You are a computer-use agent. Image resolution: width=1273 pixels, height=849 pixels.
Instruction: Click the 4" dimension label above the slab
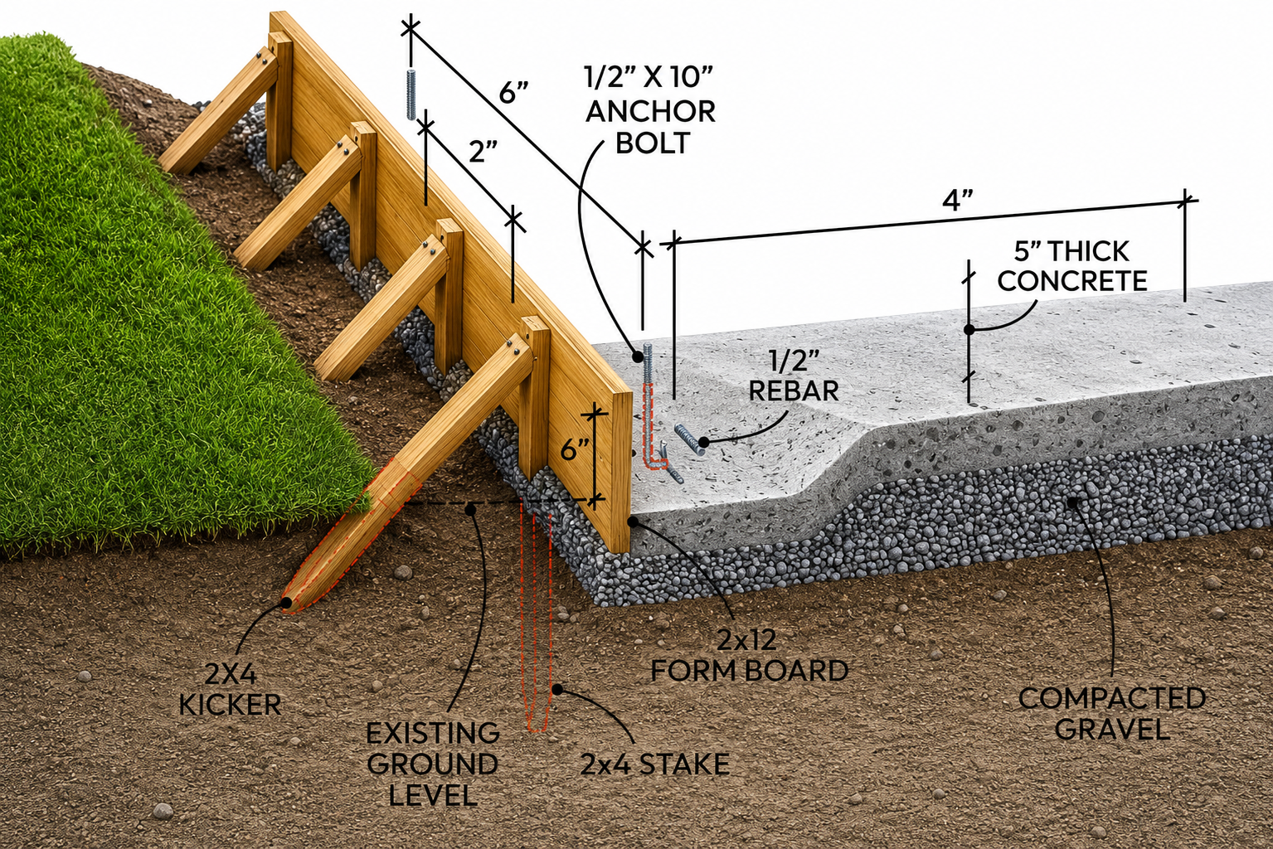[958, 200]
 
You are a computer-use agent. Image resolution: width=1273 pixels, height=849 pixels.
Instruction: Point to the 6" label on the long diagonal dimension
[513, 92]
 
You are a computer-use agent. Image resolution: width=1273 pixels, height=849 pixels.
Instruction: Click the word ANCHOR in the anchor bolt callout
[651, 112]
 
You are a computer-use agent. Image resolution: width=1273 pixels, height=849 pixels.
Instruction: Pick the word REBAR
[794, 391]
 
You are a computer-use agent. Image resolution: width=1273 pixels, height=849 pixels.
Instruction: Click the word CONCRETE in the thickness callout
[1071, 281]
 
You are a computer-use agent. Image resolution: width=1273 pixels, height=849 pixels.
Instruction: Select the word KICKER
[230, 705]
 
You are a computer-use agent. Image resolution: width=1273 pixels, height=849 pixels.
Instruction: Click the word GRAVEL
[1112, 729]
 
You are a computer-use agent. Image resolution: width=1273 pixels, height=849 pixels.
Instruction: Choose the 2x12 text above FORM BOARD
[746, 640]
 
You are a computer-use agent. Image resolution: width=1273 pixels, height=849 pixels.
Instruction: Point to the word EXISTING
[432, 734]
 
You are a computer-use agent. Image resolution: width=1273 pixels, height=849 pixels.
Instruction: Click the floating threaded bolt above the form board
[411, 94]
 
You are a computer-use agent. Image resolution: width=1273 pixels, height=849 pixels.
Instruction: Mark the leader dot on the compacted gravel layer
[1072, 502]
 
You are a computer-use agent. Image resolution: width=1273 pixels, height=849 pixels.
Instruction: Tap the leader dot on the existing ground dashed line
[470, 509]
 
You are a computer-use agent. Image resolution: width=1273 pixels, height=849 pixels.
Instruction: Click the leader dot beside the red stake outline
[557, 689]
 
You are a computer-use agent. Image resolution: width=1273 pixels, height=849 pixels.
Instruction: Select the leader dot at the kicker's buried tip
[287, 603]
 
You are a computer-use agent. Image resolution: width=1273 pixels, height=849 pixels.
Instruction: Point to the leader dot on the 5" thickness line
[969, 329]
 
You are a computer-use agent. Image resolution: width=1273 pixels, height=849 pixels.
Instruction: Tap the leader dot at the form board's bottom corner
[634, 522]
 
